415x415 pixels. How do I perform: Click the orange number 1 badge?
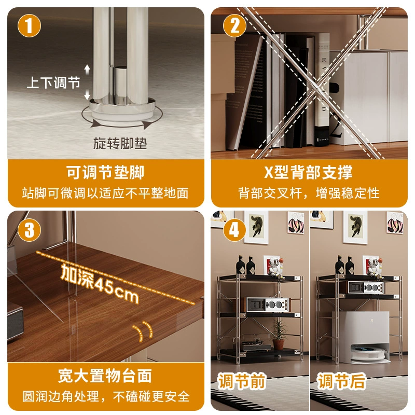29,25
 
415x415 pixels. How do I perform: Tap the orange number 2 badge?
234,25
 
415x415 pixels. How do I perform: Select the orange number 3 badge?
29,230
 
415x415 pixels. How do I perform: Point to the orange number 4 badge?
234,230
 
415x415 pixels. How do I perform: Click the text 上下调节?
53,82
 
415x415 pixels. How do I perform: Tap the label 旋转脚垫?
120,144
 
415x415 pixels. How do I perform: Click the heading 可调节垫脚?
105,172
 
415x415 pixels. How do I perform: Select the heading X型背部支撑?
308,172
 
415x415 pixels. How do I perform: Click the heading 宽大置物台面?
105,376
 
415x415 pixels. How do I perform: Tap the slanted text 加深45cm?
100,283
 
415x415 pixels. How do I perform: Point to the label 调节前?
242,381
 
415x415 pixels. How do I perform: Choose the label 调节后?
342,381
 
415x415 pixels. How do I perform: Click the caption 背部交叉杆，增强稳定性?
309,193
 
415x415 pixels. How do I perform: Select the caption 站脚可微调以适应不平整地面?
105,193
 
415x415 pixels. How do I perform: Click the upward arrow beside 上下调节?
87,70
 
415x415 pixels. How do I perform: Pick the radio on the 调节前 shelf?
267,305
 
